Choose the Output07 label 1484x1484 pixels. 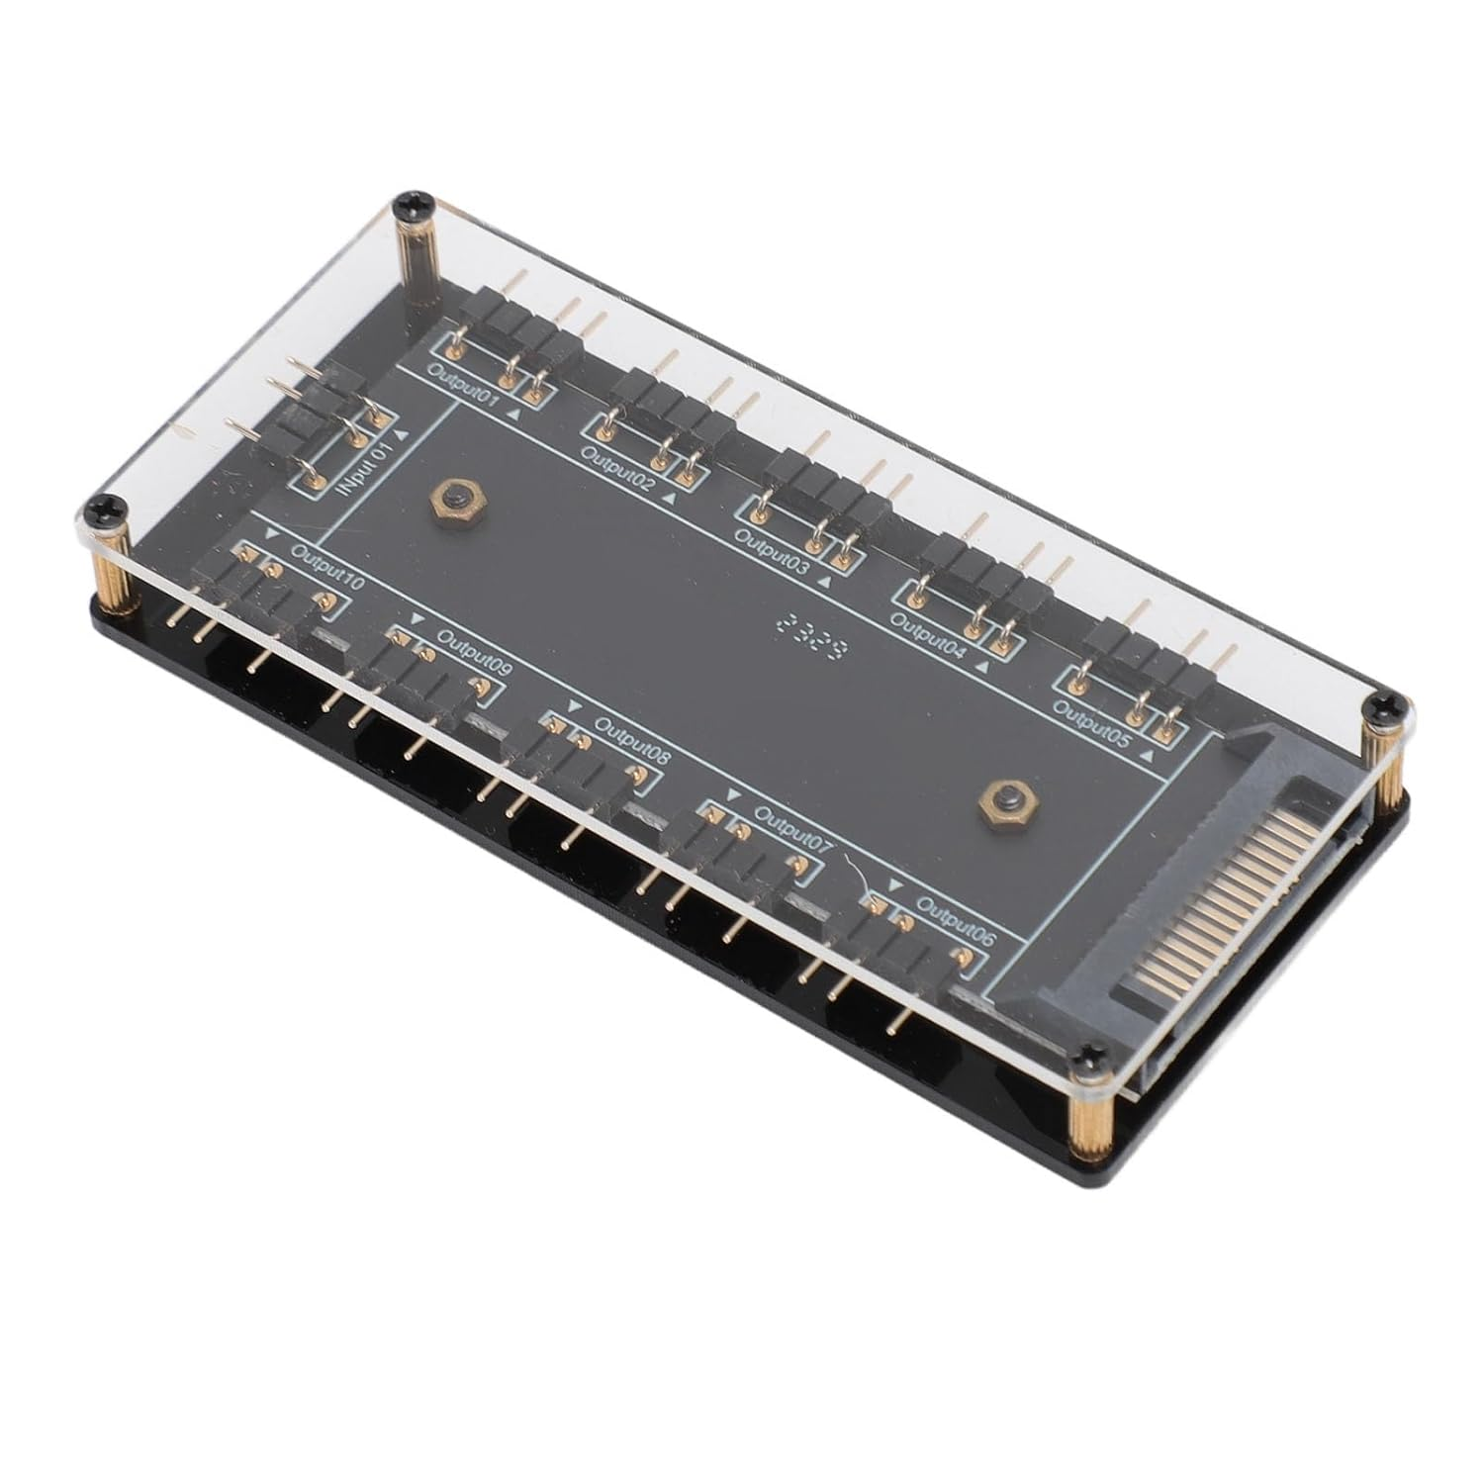pos(793,829)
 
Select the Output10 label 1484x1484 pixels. pos(327,571)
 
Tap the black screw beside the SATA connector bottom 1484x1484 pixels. pos(1090,1056)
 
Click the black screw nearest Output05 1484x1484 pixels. pos(1378,705)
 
